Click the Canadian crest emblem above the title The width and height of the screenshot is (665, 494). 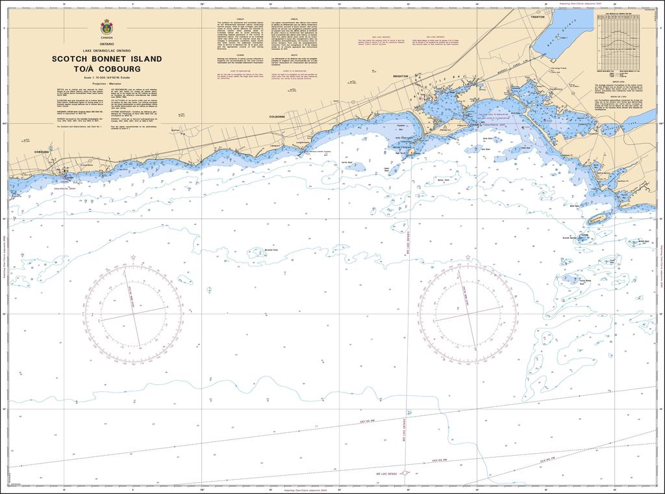click(x=106, y=28)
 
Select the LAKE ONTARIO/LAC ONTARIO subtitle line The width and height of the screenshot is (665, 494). click(x=106, y=51)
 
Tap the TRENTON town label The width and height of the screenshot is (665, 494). click(x=537, y=17)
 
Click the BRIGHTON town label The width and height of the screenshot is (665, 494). click(x=401, y=76)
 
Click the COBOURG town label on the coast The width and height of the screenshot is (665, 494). click(x=42, y=151)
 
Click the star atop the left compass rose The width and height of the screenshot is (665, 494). click(x=133, y=258)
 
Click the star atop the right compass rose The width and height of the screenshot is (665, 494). click(x=469, y=258)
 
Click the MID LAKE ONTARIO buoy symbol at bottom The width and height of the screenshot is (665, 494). click(x=405, y=473)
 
